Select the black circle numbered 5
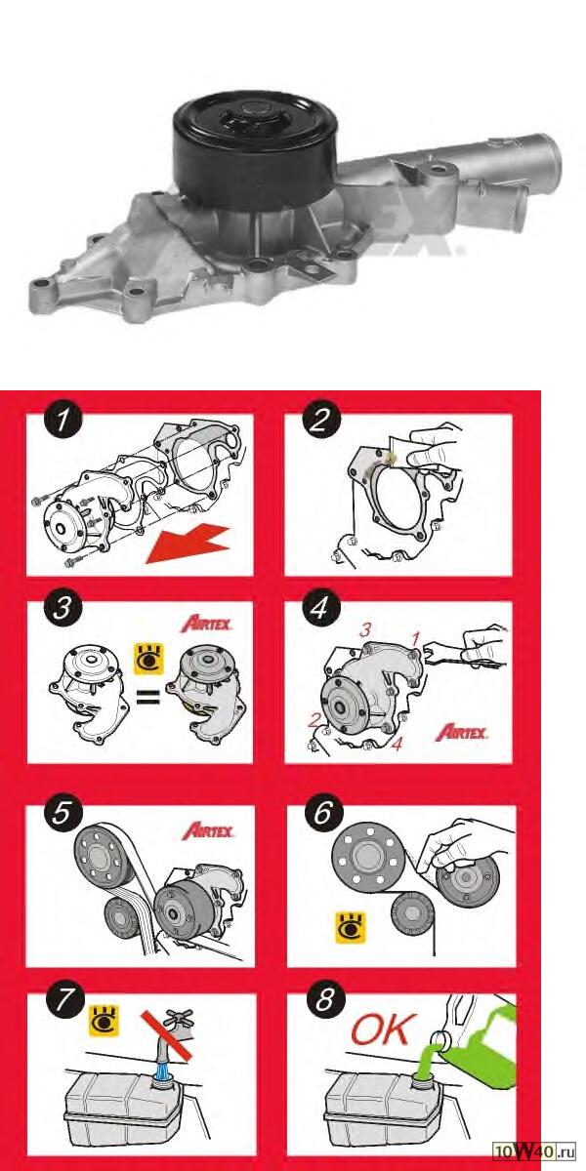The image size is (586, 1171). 62,814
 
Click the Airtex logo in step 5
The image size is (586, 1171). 208,831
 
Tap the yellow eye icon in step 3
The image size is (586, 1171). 149,659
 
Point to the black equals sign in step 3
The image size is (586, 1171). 148,698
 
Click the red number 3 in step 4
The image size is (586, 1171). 364,630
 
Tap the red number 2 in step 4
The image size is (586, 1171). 314,720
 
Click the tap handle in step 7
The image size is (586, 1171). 179,1019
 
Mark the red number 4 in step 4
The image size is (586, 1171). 398,744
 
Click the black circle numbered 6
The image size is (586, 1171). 323,814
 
